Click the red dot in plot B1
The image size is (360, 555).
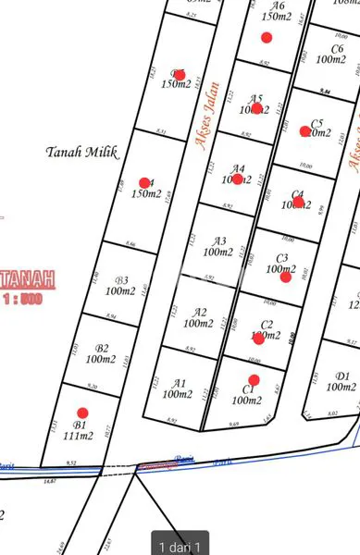click(82, 413)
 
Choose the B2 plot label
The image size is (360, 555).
click(103, 349)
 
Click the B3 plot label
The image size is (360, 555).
click(121, 281)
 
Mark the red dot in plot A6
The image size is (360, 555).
click(267, 37)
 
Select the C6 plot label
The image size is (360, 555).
click(338, 50)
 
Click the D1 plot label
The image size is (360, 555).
click(342, 376)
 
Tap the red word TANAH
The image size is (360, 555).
click(27, 278)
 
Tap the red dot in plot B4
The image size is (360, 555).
click(144, 183)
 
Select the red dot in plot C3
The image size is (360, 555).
click(285, 276)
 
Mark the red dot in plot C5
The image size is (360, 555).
click(305, 131)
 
